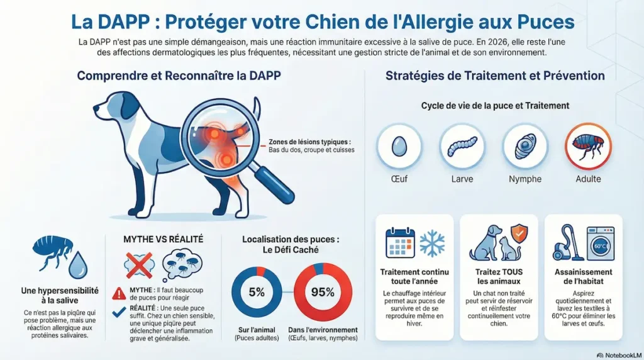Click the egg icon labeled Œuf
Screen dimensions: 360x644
[399, 147]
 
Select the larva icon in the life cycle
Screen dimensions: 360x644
[462, 147]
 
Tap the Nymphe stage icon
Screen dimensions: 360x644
[525, 147]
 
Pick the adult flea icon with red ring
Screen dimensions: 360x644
[588, 146]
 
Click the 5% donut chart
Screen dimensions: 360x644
[256, 292]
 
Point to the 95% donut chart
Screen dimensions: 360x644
[322, 291]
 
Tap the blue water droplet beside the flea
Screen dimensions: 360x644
[77, 266]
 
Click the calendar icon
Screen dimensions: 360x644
[399, 243]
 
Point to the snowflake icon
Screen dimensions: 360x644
[432, 244]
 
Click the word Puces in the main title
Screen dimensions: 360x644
[545, 22]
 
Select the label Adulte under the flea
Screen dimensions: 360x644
[588, 179]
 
